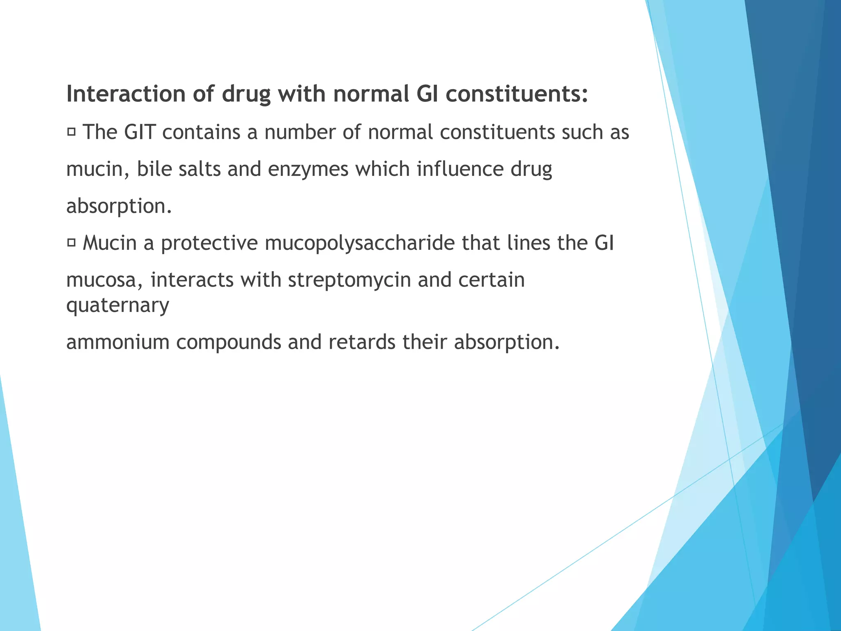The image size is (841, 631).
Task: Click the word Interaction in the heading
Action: click(x=126, y=94)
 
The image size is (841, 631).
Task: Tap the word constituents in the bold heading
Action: click(x=517, y=94)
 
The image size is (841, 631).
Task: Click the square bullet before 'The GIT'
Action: click(x=71, y=132)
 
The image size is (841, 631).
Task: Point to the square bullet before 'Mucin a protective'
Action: click(x=71, y=243)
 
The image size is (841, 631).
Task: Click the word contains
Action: click(x=201, y=132)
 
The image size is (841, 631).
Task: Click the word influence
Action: click(x=460, y=169)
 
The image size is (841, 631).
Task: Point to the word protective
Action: click(x=209, y=243)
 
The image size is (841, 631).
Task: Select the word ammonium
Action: click(x=118, y=342)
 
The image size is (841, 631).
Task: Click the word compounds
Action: click(x=228, y=342)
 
